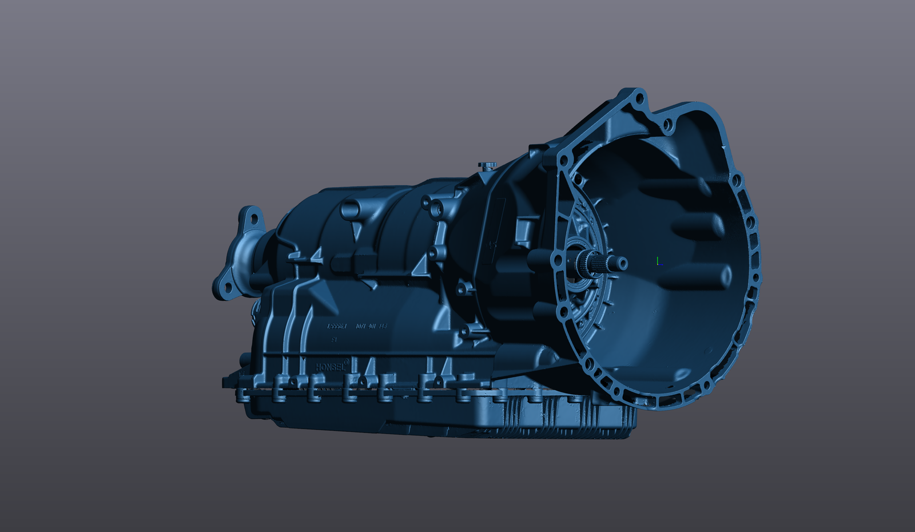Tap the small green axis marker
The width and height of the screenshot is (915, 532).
tap(658, 261)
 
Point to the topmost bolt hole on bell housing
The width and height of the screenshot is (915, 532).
tap(639, 99)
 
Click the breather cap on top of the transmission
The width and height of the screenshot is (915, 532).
tap(488, 165)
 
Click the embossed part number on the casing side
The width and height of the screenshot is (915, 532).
tap(357, 326)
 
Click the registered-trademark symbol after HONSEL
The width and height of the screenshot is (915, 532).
tap(347, 362)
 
